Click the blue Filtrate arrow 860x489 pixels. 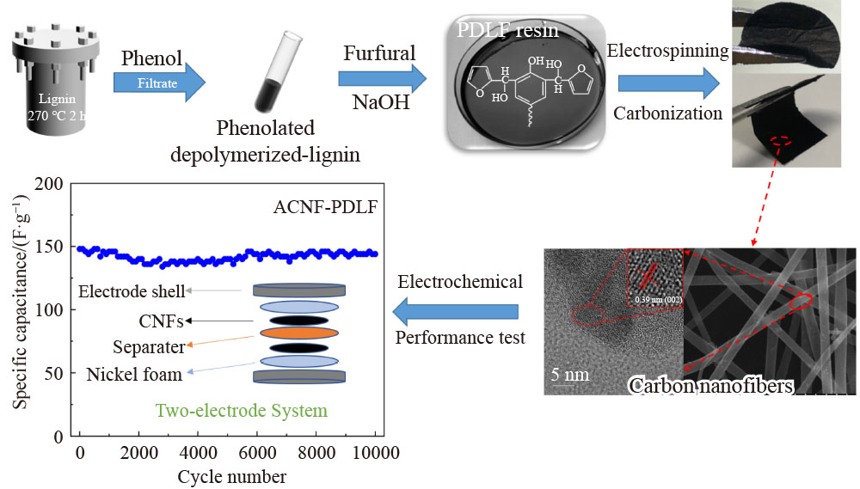(160, 83)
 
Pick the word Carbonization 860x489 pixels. (666, 113)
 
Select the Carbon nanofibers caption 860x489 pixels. (710, 384)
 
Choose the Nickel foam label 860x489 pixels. (134, 375)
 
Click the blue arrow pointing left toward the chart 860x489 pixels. (456, 309)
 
